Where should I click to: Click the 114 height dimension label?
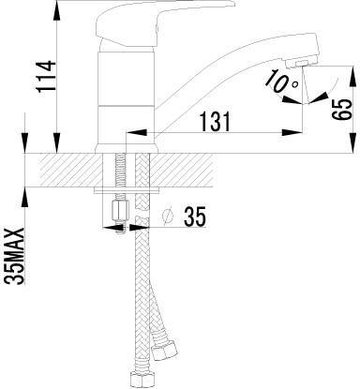(47, 77)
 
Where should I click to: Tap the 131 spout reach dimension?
(215, 121)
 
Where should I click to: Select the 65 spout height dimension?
(341, 110)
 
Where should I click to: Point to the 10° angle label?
(282, 82)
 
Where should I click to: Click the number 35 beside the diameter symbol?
(195, 217)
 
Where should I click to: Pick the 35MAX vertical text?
(15, 256)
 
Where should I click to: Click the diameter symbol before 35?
(169, 217)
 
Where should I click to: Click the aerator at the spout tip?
(300, 64)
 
